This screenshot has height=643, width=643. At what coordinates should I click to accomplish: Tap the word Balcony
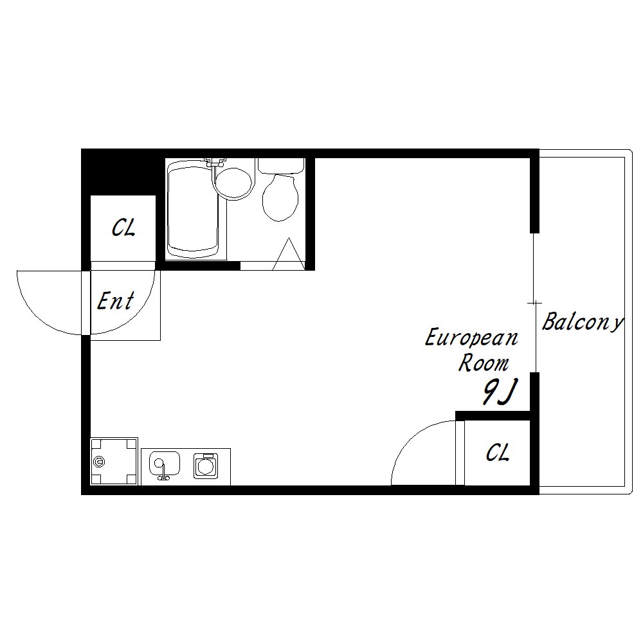click(583, 321)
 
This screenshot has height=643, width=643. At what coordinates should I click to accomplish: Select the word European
click(471, 338)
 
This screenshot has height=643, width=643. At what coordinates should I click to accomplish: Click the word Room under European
click(484, 363)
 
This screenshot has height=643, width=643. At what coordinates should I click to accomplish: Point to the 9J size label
click(500, 392)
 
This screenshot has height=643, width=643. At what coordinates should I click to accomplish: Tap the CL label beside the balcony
click(498, 452)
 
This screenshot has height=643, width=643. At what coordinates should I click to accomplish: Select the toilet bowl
click(280, 197)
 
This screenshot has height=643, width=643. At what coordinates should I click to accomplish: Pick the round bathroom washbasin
click(233, 184)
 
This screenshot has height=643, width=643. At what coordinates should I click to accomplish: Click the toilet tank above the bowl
click(282, 165)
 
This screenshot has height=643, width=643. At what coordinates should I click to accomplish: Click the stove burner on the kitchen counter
click(206, 466)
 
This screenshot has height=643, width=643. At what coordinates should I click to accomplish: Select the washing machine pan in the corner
click(114, 461)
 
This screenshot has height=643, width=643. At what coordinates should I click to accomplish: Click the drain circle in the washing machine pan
click(99, 462)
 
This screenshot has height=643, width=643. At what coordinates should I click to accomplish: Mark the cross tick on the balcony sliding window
click(534, 303)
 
